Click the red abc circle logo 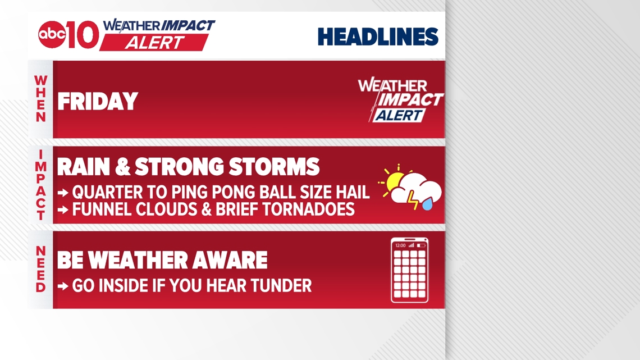(52, 34)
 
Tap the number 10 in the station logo (83, 35)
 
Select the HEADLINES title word (378, 37)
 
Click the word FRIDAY (98, 101)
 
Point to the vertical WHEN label (41, 98)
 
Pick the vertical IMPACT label (41, 185)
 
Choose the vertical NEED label (41, 269)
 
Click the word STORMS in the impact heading (274, 167)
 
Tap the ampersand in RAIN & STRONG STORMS (122, 167)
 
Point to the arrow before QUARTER (63, 193)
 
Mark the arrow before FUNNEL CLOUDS (63, 210)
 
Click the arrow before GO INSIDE (63, 286)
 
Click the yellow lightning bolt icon (413, 200)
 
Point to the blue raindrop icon (427, 204)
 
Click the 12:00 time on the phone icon (400, 245)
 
